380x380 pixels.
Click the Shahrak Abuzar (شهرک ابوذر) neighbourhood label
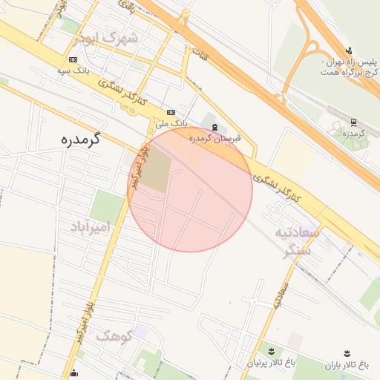pyautogui.click(x=112, y=39)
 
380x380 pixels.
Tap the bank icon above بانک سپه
pyautogui.click(x=73, y=59)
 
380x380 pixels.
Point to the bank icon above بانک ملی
pyautogui.click(x=171, y=112)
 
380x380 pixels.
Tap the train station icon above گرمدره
pyautogui.click(x=353, y=122)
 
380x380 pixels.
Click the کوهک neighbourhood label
pyautogui.click(x=113, y=336)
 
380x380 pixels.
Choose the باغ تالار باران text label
pyautogui.click(x=346, y=365)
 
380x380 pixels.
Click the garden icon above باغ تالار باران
pyautogui.click(x=346, y=354)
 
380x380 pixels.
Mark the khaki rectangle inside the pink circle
pyautogui.click(x=155, y=174)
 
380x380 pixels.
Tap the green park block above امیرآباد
pyautogui.click(x=107, y=206)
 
